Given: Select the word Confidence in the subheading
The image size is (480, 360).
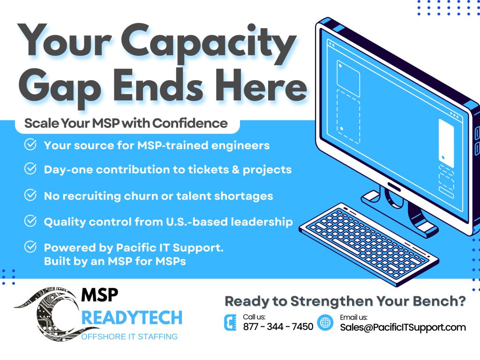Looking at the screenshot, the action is [190, 123].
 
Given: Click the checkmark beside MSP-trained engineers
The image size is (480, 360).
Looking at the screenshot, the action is [30, 144].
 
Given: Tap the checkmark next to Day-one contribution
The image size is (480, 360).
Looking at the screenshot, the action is [30, 169].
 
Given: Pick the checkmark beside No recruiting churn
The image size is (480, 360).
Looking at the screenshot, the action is [30, 195].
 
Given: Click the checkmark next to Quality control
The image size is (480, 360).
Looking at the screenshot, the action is [30, 221].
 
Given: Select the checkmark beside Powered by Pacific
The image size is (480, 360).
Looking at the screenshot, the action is [30, 247].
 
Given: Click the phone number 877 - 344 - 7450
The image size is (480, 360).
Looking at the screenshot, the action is [278, 327].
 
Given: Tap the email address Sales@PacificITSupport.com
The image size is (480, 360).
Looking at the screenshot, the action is [403, 327].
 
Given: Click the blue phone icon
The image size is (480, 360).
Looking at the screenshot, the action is [230, 322].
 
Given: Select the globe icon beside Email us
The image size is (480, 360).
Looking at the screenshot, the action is [325, 322].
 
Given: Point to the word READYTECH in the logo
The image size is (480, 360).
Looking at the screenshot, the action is [132, 317].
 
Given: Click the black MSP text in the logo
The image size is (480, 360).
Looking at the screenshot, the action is [100, 295].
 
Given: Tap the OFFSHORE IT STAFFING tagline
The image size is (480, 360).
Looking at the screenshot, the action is [129, 337].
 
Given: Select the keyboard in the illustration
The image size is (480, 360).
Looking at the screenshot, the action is [369, 245].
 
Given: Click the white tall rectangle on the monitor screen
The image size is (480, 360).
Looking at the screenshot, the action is [446, 141].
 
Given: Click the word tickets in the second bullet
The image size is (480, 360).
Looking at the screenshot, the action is [209, 170].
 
